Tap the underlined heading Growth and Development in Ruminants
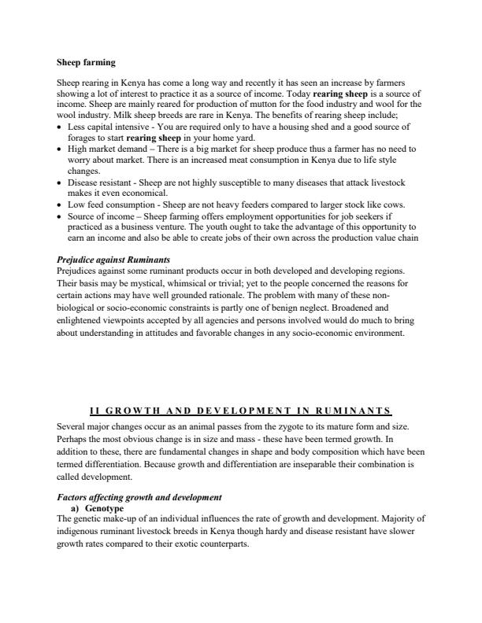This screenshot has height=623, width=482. click(x=241, y=411)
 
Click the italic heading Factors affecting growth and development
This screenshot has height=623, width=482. click(x=139, y=497)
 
